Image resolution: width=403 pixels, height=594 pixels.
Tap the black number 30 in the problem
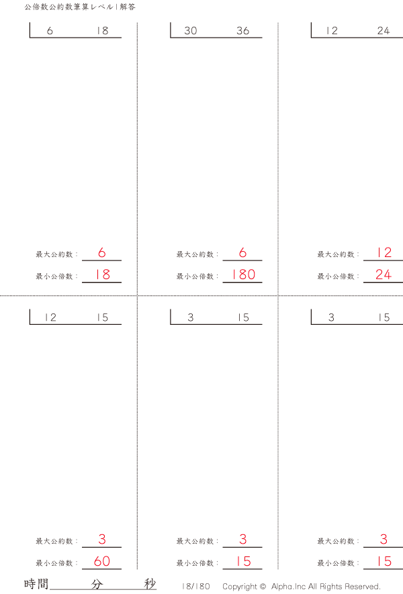[191, 31]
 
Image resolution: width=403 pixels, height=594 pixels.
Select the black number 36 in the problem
[242, 31]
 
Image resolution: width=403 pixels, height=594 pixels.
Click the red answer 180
[242, 275]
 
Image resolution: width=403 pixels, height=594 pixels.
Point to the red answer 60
[102, 562]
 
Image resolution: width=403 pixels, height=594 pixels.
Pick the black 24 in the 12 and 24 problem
[384, 31]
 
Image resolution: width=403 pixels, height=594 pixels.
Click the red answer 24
[384, 275]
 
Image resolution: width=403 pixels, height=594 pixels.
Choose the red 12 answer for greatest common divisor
[384, 253]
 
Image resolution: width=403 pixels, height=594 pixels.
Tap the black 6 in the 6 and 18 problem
[50, 31]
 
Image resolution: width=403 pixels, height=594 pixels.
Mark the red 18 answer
[102, 275]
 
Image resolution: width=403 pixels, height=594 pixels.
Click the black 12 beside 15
[50, 318]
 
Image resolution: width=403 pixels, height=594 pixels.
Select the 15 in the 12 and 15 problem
[102, 318]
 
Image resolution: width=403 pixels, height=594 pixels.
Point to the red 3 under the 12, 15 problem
[102, 540]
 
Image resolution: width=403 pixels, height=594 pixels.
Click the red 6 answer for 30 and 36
[242, 253]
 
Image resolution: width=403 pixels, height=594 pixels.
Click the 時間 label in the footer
[36, 584]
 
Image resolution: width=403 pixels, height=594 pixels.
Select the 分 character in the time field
[97, 584]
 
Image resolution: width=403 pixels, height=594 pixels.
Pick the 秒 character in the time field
[150, 584]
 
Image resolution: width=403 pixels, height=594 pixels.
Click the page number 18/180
[195, 587]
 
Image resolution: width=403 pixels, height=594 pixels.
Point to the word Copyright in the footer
[240, 587]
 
